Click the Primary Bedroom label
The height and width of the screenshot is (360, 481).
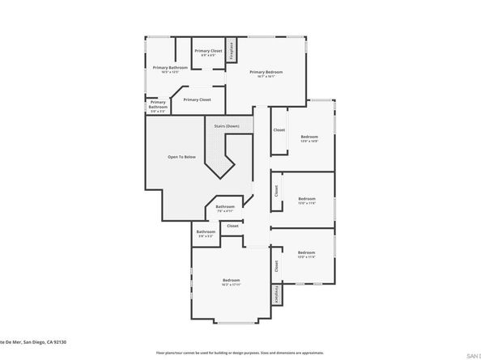(x=266, y=73)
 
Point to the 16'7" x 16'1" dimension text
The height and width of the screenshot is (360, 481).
(x=266, y=78)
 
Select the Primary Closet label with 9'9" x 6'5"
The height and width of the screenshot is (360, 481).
(x=208, y=50)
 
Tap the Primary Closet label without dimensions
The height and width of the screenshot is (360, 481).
(x=197, y=100)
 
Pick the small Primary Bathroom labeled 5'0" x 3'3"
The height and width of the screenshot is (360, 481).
(x=158, y=104)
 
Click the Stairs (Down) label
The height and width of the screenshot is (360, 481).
(x=227, y=126)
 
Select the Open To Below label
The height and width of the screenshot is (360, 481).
(x=181, y=156)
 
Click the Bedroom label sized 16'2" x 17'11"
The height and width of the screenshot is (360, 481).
(x=231, y=279)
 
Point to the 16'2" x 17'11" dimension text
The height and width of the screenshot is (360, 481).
(x=231, y=284)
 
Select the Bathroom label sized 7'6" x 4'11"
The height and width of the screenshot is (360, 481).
(x=225, y=207)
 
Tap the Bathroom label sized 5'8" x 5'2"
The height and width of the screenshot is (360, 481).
(x=205, y=233)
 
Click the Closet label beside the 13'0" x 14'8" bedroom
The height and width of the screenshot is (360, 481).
(x=279, y=129)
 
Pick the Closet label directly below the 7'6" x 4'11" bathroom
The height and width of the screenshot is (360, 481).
(x=233, y=226)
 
